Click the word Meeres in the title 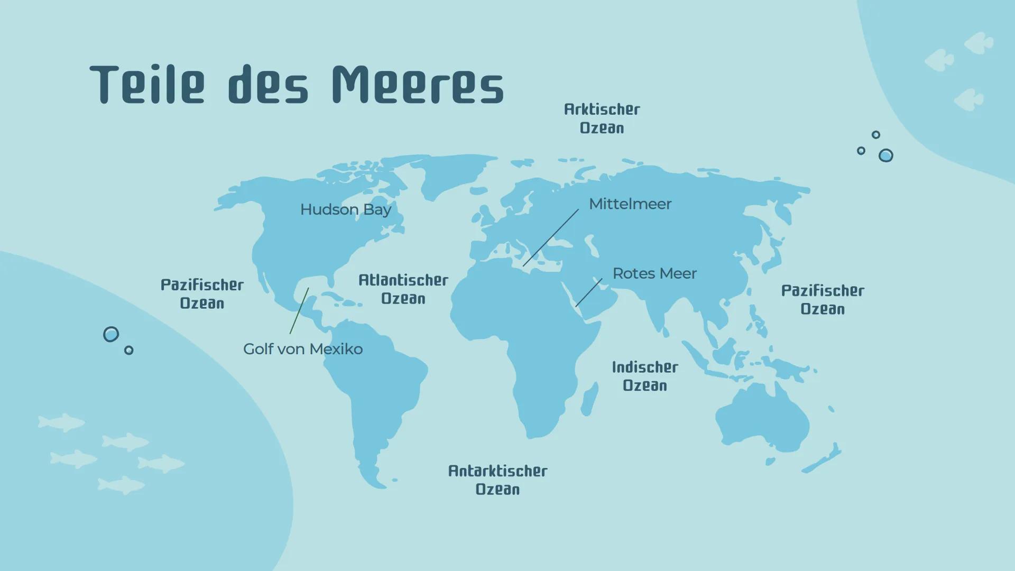[x=418, y=85]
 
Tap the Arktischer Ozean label [x=602, y=118]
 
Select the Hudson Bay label [x=346, y=209]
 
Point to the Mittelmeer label [x=630, y=204]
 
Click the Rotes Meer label [x=654, y=273]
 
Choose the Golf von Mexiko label [x=302, y=349]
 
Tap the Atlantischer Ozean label [x=403, y=289]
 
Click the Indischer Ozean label [x=645, y=376]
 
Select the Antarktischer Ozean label [x=497, y=480]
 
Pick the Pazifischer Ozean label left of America [x=202, y=294]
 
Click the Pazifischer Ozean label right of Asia [x=823, y=300]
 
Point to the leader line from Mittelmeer [x=551, y=237]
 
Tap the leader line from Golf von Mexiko [x=299, y=311]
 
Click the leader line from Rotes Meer [x=588, y=293]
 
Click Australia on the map [x=761, y=418]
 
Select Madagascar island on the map [x=590, y=399]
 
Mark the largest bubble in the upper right [x=885, y=155]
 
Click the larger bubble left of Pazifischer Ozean [x=111, y=334]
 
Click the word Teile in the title [x=147, y=85]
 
